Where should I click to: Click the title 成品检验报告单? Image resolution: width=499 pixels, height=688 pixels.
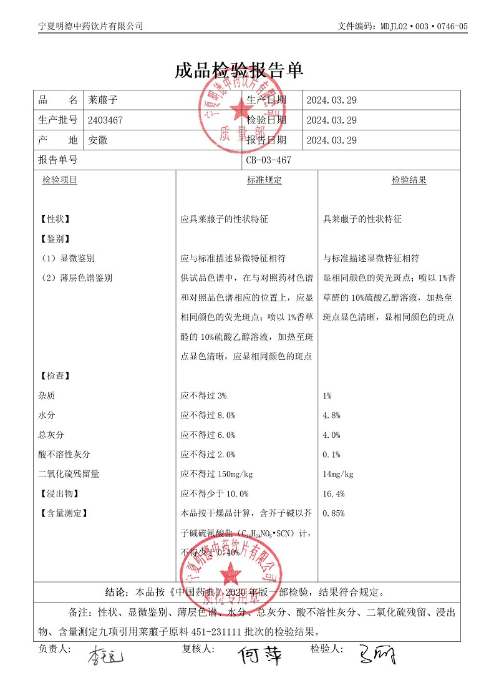tap(240, 70)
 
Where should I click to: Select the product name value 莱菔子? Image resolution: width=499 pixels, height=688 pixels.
tap(103, 100)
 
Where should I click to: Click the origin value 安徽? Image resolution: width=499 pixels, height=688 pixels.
tap(98, 140)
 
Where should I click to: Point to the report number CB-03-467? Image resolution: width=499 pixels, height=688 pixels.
tap(269, 160)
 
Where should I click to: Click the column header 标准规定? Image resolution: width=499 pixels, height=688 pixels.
tap(264, 180)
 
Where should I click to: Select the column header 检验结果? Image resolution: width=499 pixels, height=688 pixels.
tap(409, 180)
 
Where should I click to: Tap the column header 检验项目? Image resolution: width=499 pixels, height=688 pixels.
tap(60, 180)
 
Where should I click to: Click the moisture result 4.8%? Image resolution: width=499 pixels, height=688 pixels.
tap(331, 415)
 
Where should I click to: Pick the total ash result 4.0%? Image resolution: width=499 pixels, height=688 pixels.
tap(331, 435)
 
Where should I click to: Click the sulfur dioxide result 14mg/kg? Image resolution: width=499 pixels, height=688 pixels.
tap(338, 474)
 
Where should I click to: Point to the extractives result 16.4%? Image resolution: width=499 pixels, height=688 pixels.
tap(333, 494)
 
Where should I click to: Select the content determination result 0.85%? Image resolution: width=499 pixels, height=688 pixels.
tap(333, 513)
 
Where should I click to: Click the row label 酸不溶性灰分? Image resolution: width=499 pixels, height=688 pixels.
tap(64, 455)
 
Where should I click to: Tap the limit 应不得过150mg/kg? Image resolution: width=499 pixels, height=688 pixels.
tap(216, 474)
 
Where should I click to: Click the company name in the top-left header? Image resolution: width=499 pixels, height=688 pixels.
tap(90, 26)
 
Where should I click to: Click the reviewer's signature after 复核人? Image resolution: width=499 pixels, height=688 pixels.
tap(261, 655)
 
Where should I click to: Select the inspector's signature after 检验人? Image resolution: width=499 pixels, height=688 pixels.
tap(377, 655)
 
